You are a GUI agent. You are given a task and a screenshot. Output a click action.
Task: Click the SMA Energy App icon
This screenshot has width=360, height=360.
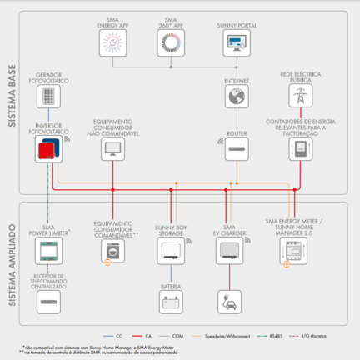click(112, 44)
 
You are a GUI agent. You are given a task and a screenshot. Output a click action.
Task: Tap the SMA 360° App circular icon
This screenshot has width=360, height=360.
click(171, 44)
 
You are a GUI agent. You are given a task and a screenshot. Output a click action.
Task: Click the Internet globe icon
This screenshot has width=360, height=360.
click(236, 97)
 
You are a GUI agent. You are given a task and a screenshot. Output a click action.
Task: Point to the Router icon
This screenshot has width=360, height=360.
click(236, 150)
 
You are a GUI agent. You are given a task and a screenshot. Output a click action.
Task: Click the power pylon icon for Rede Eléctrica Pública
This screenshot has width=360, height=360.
click(296, 96)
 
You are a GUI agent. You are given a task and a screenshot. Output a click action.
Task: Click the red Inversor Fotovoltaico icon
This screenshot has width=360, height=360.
click(48, 150)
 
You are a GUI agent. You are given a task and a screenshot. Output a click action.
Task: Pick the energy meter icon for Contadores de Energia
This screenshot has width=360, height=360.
click(296, 150)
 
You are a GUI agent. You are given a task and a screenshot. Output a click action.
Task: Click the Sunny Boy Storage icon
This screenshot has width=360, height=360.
click(171, 252)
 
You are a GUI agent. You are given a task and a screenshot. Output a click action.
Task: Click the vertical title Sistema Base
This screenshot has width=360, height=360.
click(12, 100)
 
